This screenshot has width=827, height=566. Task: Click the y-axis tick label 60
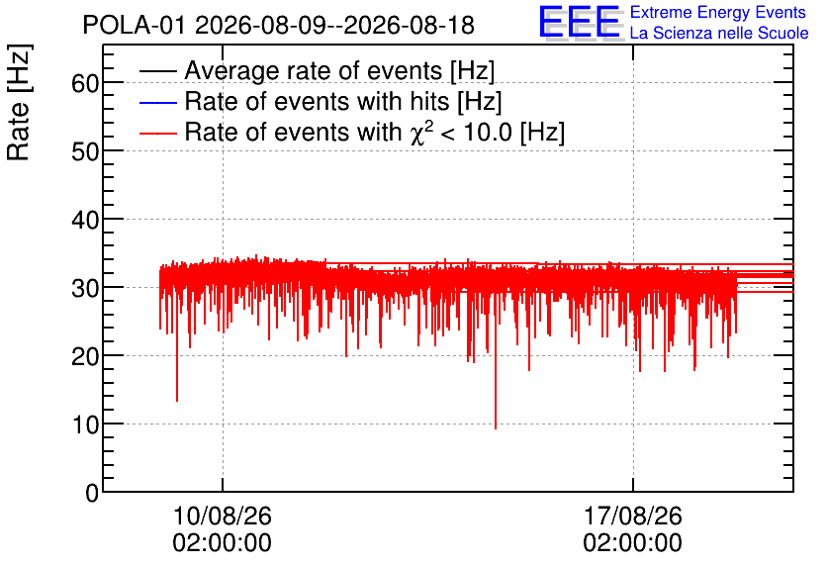(x=85, y=83)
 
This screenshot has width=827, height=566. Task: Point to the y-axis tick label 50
(x=85, y=151)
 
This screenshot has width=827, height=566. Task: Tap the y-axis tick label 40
(x=85, y=220)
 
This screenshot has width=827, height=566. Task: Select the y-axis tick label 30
(x=85, y=288)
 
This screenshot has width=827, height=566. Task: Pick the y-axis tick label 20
(x=85, y=356)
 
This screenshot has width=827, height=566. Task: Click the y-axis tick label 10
(x=85, y=424)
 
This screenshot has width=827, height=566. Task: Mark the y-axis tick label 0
(x=92, y=493)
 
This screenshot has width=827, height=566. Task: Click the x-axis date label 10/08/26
(x=222, y=516)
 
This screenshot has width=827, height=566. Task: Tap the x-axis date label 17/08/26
(x=632, y=516)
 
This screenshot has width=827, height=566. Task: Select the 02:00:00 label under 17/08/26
(x=632, y=542)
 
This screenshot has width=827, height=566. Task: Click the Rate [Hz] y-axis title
(x=19, y=102)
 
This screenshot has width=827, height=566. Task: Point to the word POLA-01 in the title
(x=134, y=25)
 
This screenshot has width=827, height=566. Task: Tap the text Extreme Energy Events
(x=718, y=12)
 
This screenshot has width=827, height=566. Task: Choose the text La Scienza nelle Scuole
(x=719, y=34)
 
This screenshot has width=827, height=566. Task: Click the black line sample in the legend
(x=157, y=71)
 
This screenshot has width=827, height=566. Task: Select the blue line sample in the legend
(x=157, y=102)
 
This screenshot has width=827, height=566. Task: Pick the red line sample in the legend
(x=157, y=133)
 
